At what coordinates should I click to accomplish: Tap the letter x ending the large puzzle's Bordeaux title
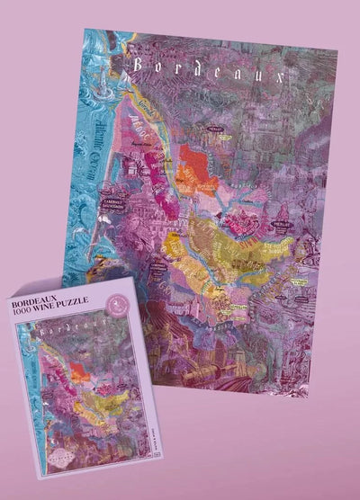(291, 76)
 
